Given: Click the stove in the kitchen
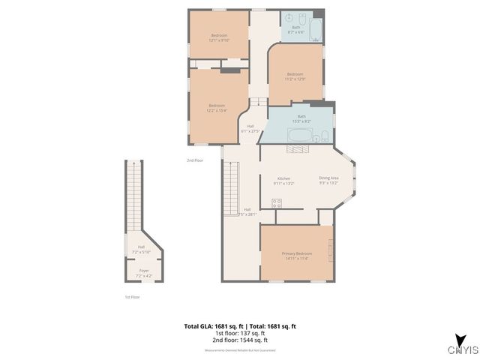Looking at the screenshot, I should pos(276,202).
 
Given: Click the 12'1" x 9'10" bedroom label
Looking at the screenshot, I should pos(219,38).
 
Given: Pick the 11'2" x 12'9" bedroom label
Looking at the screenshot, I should pos(295,76).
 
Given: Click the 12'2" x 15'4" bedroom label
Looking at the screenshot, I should pos(216,108).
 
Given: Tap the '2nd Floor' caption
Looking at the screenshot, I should pos(195,160).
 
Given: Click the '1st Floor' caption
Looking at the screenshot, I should pos(132,297).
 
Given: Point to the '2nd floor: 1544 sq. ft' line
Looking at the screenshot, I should pos(240,341).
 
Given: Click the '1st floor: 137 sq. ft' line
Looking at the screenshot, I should pos(240,334).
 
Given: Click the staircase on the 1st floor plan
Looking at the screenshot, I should pos(133,195).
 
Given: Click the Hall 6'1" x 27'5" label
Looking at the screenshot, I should pos(250,128).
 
